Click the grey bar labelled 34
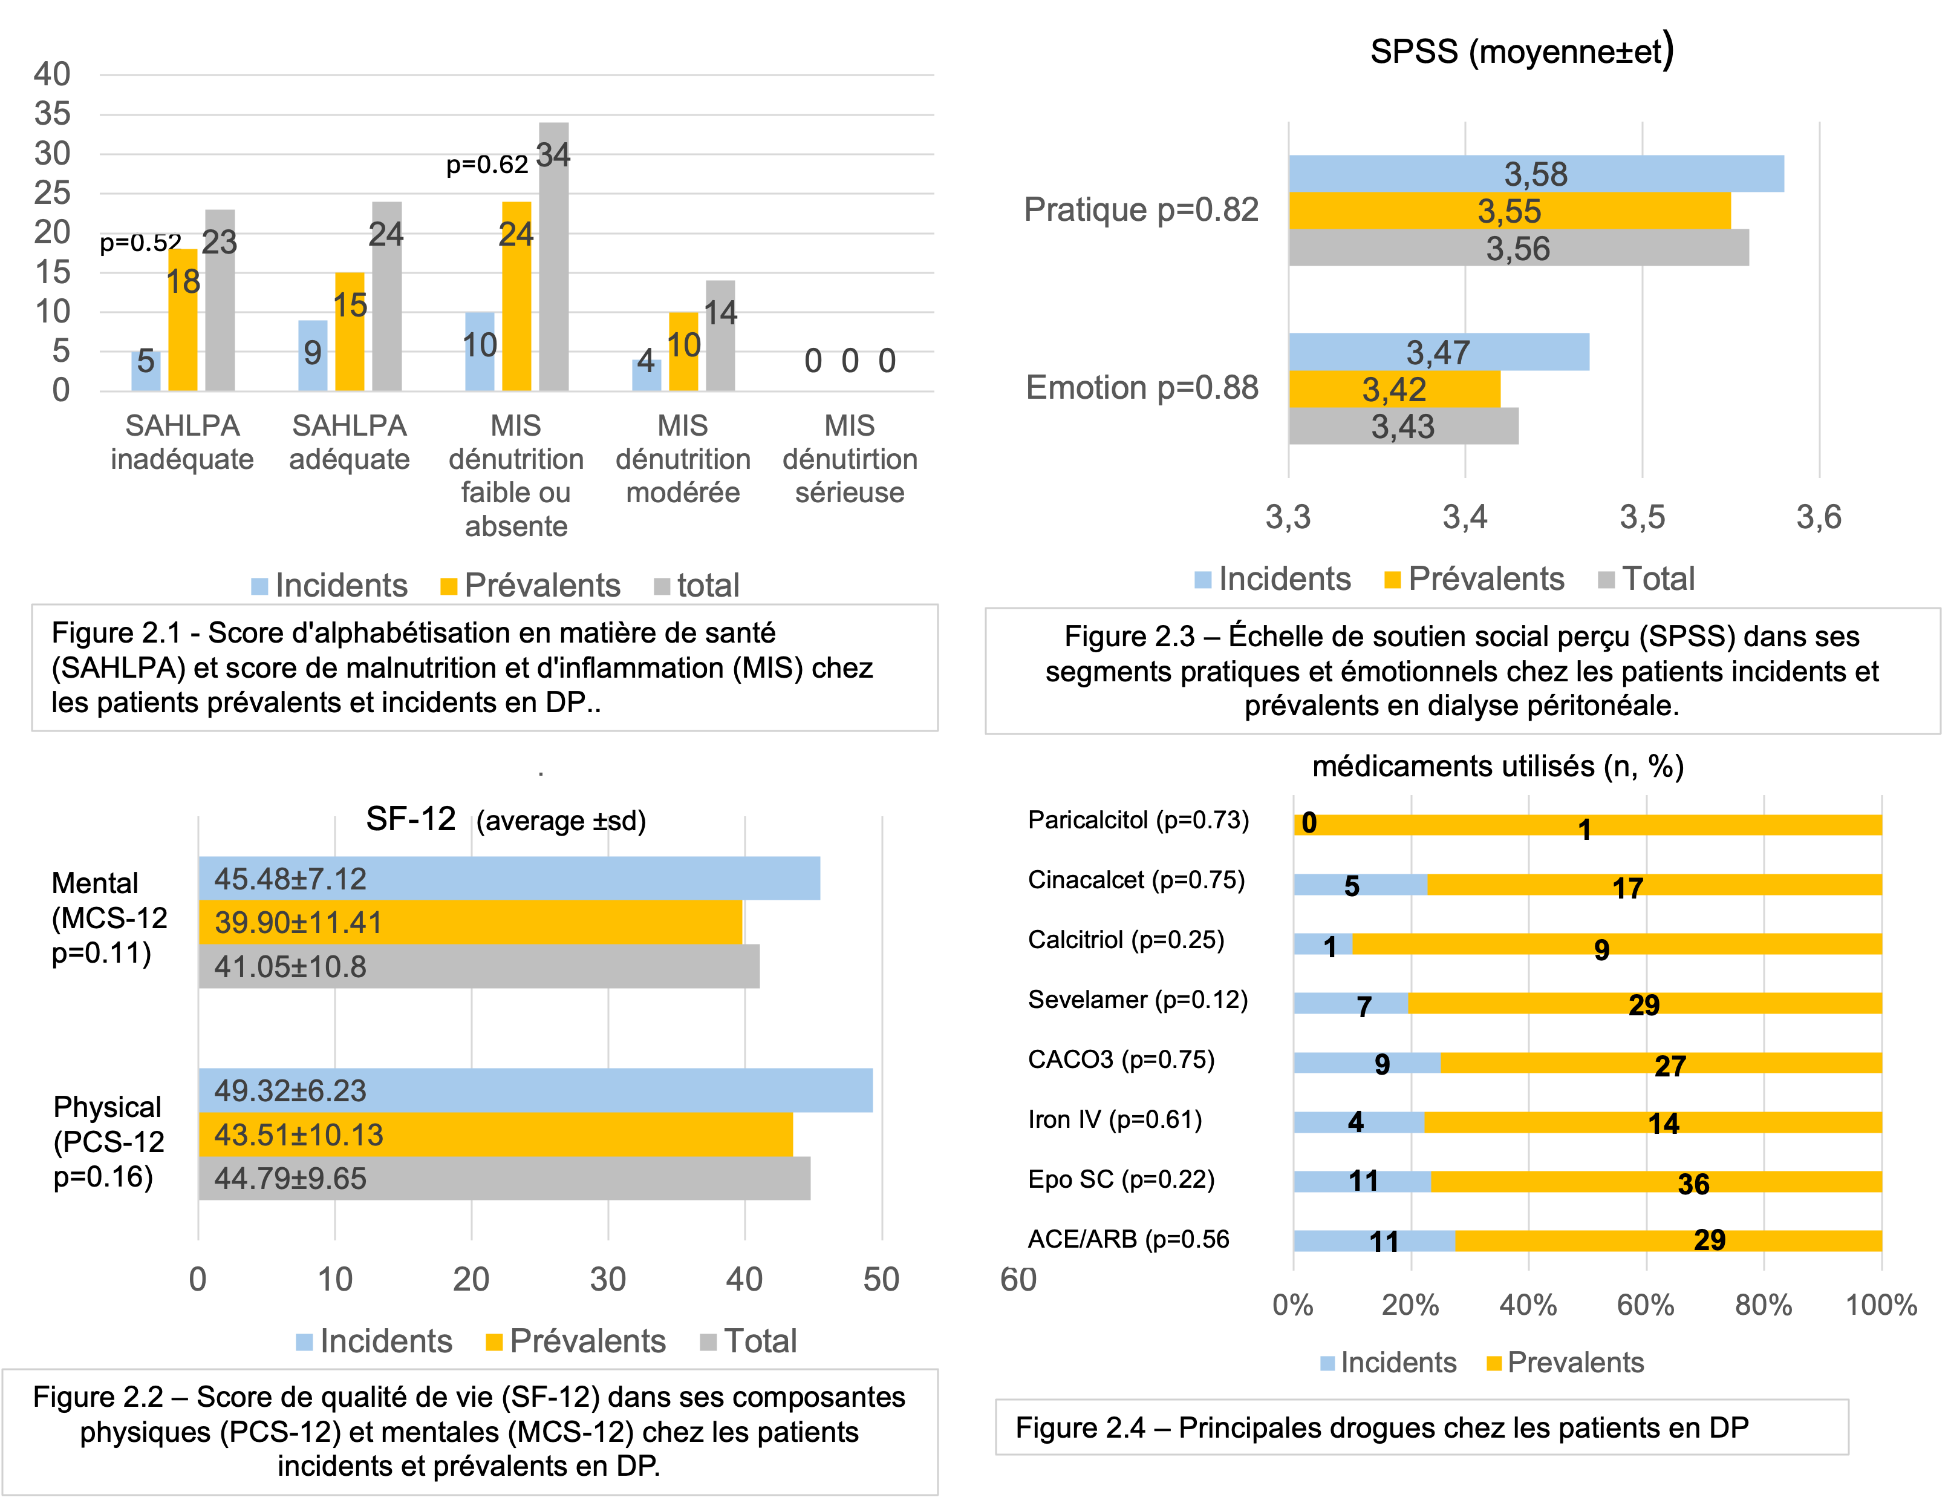553,259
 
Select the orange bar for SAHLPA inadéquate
183,322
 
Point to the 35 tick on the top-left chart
52,114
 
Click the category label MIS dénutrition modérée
683,459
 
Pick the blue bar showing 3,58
1536,174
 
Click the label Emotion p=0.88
1142,388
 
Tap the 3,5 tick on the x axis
1642,517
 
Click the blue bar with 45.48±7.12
509,879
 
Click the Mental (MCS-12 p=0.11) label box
112,918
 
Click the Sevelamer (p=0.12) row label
1137,1000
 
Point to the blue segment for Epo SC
1361,1181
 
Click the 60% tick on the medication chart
1646,1306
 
